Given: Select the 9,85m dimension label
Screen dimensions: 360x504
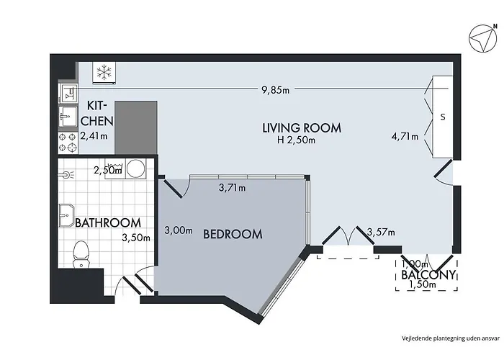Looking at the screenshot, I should (276, 90).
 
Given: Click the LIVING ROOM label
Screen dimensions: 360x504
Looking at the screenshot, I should (301, 128).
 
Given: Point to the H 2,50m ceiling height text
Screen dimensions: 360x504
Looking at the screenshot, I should (296, 140).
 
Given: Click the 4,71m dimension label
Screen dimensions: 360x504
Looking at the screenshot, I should (404, 135).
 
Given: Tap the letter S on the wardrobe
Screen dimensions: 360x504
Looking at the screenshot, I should (441, 116).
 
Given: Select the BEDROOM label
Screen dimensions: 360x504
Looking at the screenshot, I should (232, 234).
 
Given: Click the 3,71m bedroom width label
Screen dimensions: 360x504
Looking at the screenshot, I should (232, 189).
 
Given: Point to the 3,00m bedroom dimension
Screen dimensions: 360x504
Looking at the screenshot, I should (179, 230).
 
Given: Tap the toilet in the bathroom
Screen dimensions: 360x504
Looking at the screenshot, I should (81, 253).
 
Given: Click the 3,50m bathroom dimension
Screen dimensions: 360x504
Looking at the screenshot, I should (135, 238).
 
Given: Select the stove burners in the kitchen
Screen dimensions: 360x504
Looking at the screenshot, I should (68, 141).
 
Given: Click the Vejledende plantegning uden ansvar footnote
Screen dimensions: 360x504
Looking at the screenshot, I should (449, 336).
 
